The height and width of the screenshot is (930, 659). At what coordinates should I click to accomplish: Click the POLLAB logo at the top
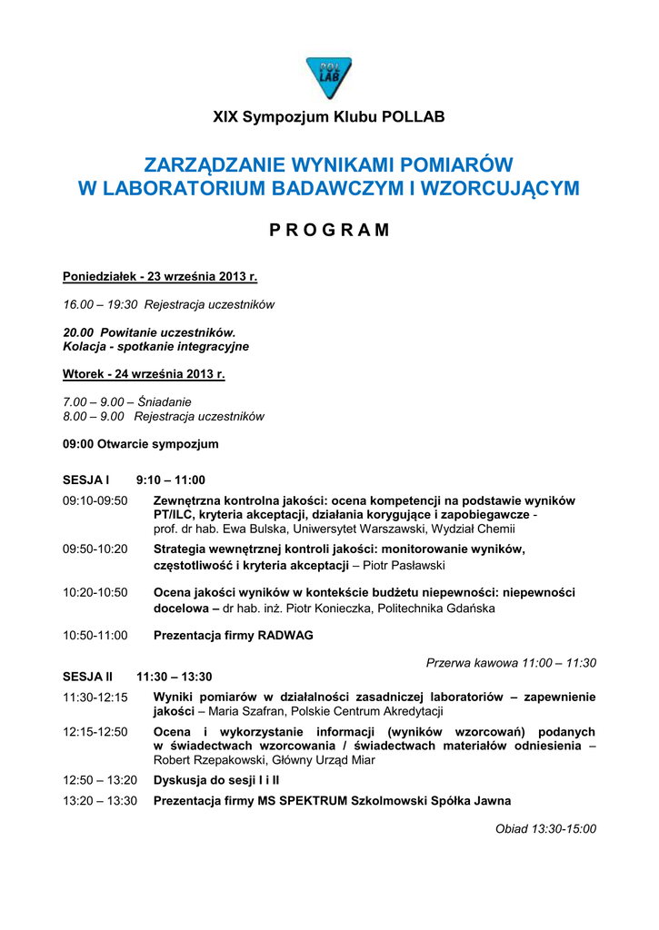[x=328, y=77]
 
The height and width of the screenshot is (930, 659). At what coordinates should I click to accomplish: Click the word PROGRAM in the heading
[x=329, y=230]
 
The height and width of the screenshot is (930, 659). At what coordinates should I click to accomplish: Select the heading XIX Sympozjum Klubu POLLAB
[x=329, y=117]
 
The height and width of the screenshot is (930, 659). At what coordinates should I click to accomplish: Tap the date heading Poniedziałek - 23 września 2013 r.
[x=160, y=276]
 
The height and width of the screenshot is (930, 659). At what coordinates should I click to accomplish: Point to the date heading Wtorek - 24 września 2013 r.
[x=144, y=373]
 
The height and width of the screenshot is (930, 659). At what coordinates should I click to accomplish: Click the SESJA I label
[x=85, y=480]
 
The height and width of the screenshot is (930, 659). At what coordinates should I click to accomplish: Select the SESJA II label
[x=87, y=677]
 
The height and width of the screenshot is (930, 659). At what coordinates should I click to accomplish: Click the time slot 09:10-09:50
[x=95, y=500]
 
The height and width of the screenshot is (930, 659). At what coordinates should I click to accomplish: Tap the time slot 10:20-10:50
[x=95, y=592]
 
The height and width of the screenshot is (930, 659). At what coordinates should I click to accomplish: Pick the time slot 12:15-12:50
[x=95, y=731]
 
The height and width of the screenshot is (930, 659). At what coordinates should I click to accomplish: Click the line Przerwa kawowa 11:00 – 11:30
[x=511, y=663]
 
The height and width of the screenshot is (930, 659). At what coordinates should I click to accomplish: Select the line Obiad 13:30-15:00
[x=545, y=828]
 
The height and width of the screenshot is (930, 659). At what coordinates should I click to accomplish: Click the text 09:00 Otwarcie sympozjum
[x=141, y=444]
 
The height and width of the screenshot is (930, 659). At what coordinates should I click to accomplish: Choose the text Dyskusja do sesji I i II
[x=216, y=779]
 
